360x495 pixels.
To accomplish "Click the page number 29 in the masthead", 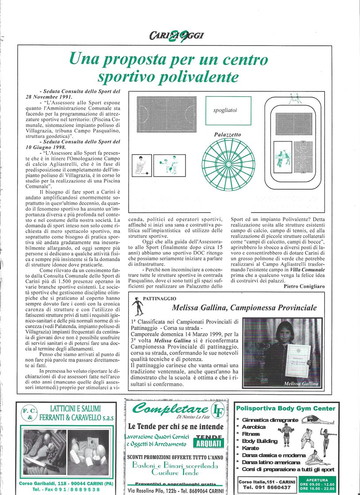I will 179,36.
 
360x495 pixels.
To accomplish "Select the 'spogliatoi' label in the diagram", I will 225,110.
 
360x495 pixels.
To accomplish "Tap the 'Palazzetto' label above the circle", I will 228,134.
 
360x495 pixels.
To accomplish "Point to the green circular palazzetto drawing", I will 228,164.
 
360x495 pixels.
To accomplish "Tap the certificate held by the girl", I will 297,360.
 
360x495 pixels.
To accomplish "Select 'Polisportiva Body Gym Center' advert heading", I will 286,408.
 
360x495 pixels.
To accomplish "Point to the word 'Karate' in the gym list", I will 251,448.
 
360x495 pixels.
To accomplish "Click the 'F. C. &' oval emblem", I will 28,414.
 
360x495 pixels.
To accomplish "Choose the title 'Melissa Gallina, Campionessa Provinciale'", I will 244,308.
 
